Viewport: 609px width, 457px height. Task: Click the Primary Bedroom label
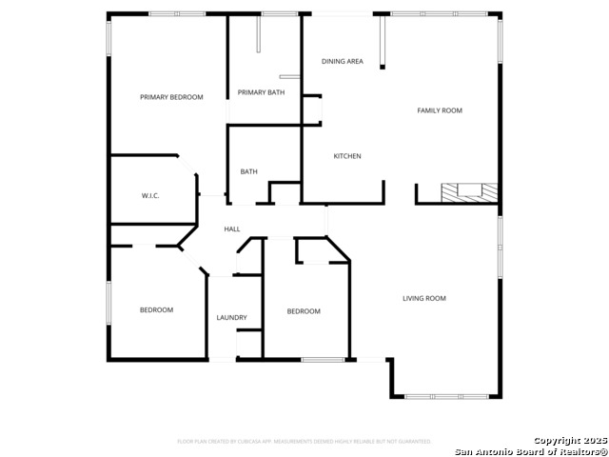point(171,97)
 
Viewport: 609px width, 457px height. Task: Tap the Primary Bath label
point(261,92)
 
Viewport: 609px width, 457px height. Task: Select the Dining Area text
point(342,61)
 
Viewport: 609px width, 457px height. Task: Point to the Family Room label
point(440,110)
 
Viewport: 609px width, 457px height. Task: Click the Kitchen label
point(346,156)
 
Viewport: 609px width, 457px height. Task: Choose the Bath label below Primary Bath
point(248,171)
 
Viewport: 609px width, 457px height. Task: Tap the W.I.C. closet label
point(150,195)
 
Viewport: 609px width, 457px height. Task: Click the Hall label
point(232,229)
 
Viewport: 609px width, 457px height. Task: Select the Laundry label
point(231,317)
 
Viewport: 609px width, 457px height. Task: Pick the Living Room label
point(424,298)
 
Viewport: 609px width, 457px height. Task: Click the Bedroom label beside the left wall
point(156,309)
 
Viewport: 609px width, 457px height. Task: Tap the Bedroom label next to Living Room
point(304,311)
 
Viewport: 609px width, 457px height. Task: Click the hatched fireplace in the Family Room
point(469,191)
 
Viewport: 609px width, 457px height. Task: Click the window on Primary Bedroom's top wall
point(177,13)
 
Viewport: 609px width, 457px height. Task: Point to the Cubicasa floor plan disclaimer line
point(304,441)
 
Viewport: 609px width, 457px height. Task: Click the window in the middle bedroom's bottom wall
point(323,359)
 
